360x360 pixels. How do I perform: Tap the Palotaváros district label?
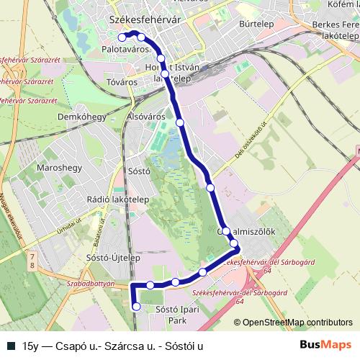126,49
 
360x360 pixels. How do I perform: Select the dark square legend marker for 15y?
11,345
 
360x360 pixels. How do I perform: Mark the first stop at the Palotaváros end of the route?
122,36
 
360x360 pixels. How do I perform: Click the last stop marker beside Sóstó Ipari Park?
137,307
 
